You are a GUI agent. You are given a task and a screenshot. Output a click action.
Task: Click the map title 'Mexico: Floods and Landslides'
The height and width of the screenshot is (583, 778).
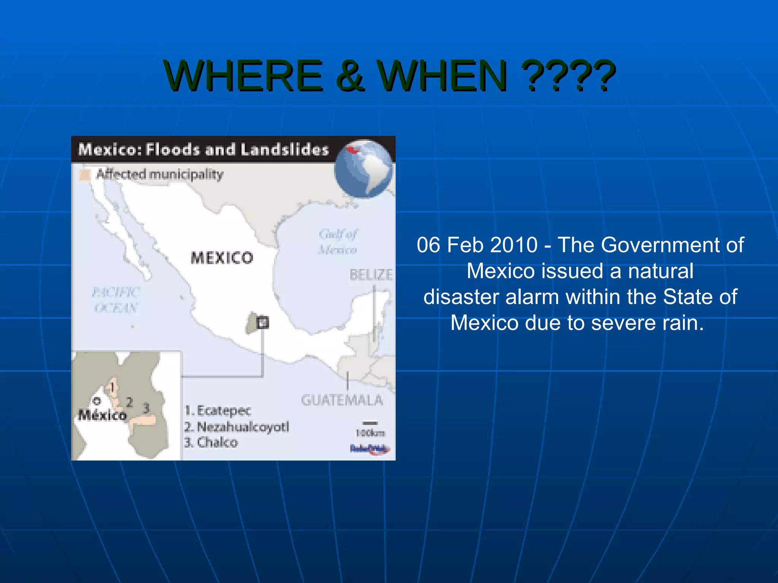[204, 150]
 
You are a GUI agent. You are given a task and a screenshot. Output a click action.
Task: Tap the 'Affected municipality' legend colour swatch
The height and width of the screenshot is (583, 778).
[84, 175]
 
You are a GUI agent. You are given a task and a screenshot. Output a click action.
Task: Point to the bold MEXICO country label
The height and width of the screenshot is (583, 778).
[222, 258]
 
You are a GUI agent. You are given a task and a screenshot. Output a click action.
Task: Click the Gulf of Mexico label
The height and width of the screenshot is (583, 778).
[338, 241]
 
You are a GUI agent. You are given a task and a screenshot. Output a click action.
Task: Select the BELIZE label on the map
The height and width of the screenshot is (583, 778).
[371, 274]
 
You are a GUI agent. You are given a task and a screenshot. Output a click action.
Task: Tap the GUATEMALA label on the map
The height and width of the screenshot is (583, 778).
[342, 400]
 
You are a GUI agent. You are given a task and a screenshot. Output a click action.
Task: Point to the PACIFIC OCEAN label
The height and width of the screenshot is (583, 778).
[116, 300]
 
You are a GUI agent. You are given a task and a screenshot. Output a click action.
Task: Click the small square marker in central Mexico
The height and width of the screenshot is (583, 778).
[262, 323]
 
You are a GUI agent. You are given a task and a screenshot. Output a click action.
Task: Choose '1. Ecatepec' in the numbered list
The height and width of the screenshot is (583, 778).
[218, 411]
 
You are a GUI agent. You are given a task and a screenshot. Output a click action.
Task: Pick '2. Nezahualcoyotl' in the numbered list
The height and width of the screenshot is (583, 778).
[237, 427]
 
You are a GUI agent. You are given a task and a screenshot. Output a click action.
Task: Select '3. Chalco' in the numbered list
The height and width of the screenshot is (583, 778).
[211, 443]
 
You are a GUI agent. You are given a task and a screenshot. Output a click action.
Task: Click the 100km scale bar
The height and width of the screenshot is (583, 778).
[370, 423]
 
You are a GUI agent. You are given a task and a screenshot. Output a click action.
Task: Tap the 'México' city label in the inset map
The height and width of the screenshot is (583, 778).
[102, 415]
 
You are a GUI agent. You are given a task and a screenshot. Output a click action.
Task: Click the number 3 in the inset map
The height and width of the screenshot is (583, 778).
[146, 408]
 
